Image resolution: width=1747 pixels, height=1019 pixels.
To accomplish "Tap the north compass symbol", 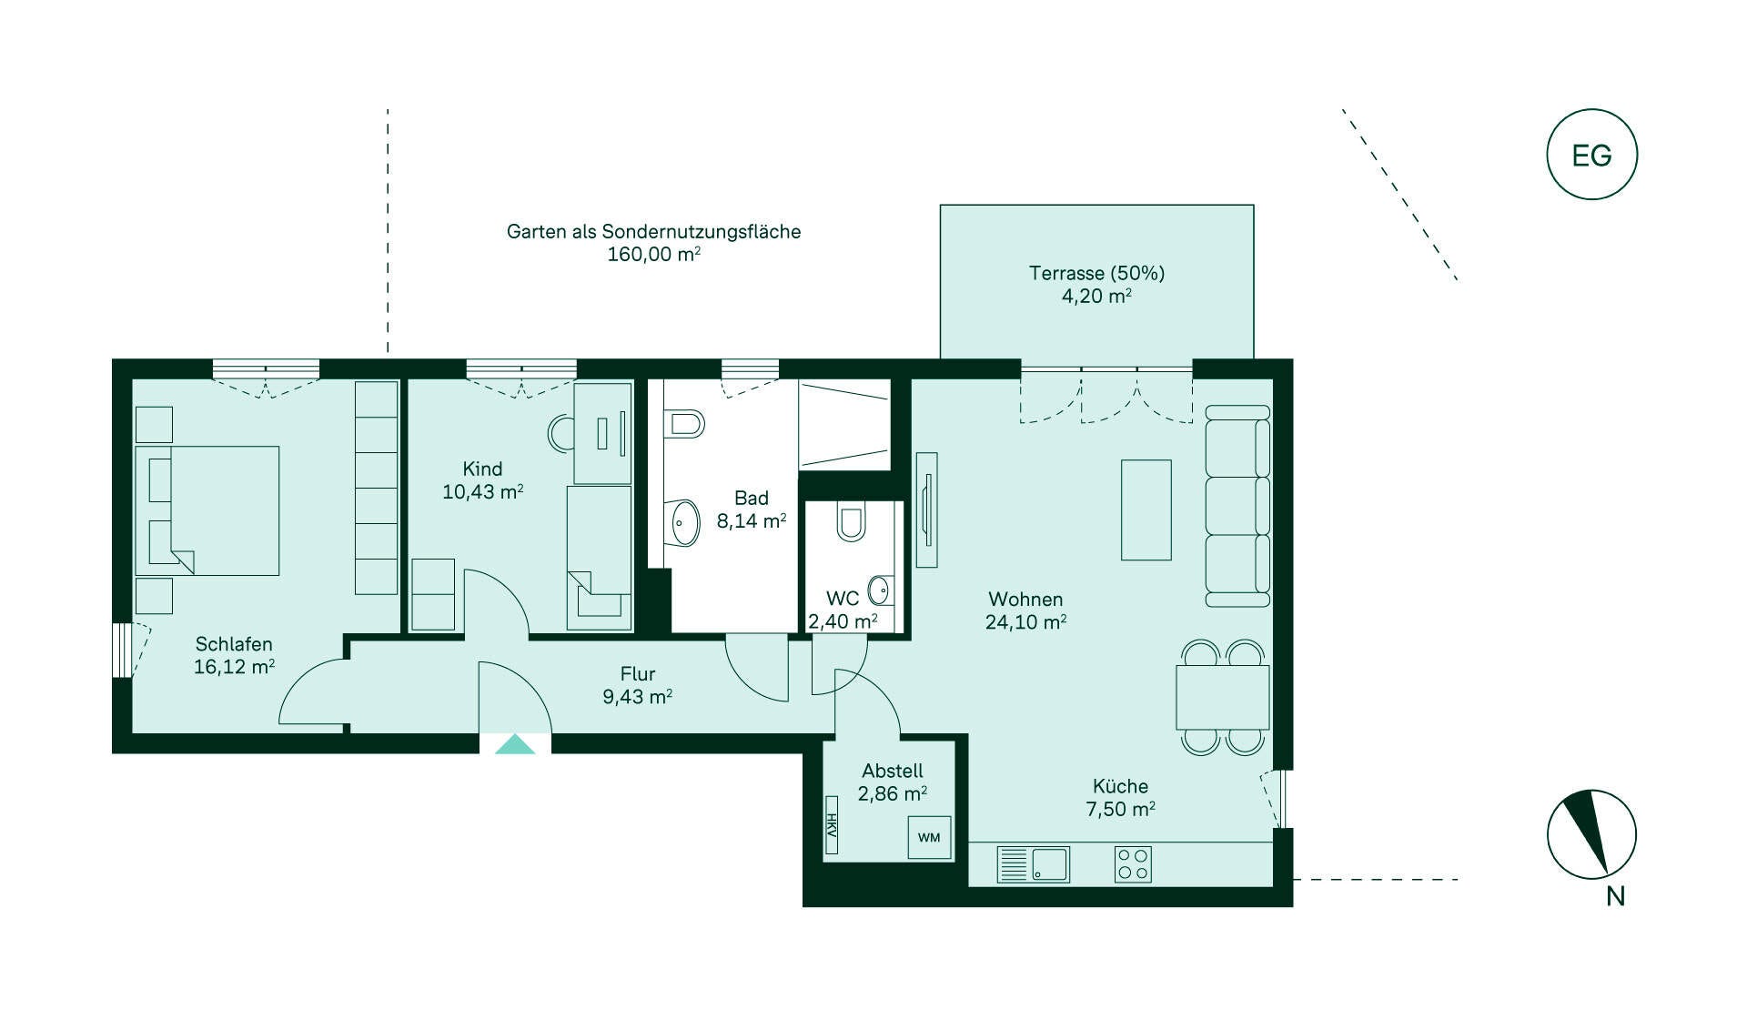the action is click(x=1592, y=834).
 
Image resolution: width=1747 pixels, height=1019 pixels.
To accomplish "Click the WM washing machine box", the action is click(x=929, y=837).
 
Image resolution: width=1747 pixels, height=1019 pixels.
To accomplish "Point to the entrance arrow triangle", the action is click(x=515, y=744).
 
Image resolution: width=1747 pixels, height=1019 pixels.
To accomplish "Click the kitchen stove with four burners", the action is click(x=1133, y=864).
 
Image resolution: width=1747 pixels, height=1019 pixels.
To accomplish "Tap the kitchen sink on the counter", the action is click(x=1034, y=864).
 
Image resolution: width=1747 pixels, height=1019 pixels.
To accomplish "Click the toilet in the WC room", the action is click(x=851, y=522).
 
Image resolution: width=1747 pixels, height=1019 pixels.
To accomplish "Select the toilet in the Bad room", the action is click(x=684, y=423).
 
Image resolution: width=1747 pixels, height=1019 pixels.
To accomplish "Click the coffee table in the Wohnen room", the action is click(x=1146, y=509).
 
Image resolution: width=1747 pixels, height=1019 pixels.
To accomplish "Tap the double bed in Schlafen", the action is click(x=207, y=510).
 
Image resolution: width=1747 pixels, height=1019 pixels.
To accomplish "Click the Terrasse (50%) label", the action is click(x=1096, y=273).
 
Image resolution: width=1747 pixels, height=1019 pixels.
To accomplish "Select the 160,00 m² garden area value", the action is click(x=653, y=255).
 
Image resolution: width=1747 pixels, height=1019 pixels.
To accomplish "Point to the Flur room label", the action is click(x=637, y=674).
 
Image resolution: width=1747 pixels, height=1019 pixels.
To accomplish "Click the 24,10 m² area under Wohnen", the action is click(x=1025, y=622).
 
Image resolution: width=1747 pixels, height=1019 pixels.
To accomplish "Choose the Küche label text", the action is click(x=1120, y=786).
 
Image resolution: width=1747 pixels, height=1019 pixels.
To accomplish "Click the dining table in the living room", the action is click(x=1222, y=697).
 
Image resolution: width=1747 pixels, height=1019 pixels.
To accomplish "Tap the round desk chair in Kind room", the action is click(x=561, y=433).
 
